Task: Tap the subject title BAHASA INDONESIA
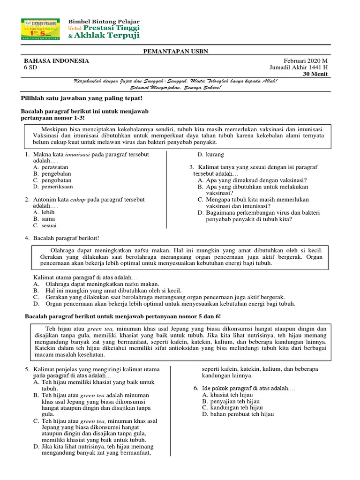[56, 61]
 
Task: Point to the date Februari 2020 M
[306, 61]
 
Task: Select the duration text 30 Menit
[315, 74]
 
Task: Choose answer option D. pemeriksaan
[53, 187]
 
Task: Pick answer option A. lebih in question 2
[44, 212]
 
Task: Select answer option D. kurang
[210, 154]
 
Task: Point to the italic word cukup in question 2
[78, 199]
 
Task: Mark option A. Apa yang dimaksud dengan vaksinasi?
[252, 180]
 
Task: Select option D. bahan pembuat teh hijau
[235, 414]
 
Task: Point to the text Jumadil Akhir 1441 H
[299, 67]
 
